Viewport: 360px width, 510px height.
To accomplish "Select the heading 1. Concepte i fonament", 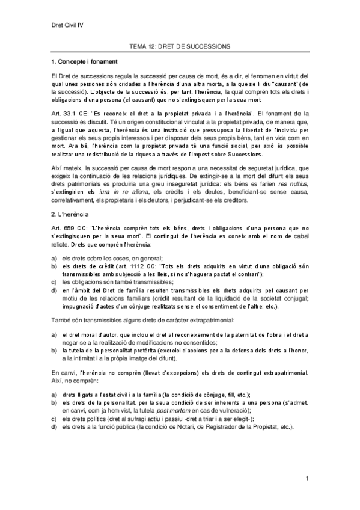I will coord(84,62).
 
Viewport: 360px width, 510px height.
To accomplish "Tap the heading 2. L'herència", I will coord(70,214).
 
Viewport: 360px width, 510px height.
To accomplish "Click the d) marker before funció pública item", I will coord(54,426).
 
